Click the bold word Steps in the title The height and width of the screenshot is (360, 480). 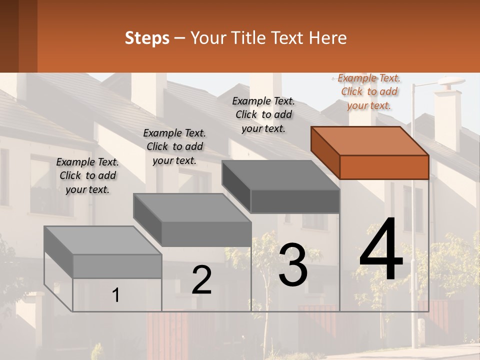pyautogui.click(x=147, y=38)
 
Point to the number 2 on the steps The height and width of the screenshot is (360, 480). pyautogui.click(x=201, y=279)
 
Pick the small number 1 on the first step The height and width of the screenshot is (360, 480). pyautogui.click(x=116, y=295)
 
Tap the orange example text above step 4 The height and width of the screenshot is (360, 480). pyautogui.click(x=369, y=91)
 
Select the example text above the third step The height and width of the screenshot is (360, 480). pyautogui.click(x=263, y=114)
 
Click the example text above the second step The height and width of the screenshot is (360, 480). pyautogui.click(x=174, y=146)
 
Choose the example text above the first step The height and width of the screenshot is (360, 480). pyautogui.click(x=87, y=175)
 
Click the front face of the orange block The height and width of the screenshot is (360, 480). pyautogui.click(x=384, y=167)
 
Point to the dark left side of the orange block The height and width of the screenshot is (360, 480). pyautogui.click(x=325, y=152)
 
